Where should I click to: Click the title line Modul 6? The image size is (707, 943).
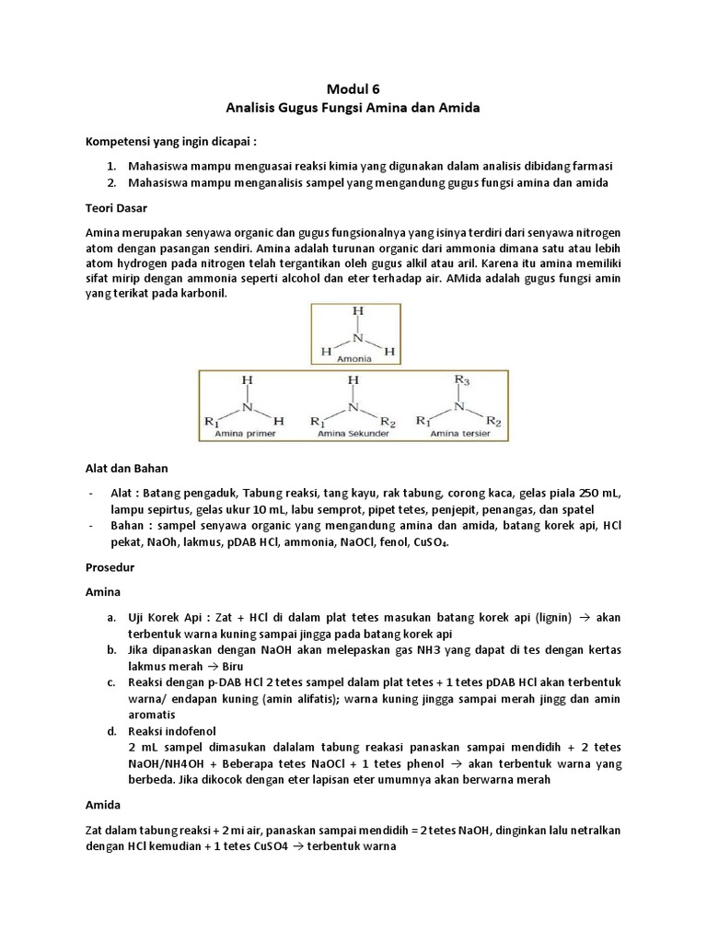353,89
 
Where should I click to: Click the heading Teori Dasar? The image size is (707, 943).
117,208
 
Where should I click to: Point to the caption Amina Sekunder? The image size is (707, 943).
353,431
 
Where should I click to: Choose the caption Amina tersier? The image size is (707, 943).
460,431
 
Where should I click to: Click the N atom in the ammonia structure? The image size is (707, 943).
353,337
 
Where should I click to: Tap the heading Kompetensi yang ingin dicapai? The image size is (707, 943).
170,143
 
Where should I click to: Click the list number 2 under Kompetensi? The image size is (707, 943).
110,182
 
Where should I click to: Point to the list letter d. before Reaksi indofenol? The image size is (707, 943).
110,730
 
